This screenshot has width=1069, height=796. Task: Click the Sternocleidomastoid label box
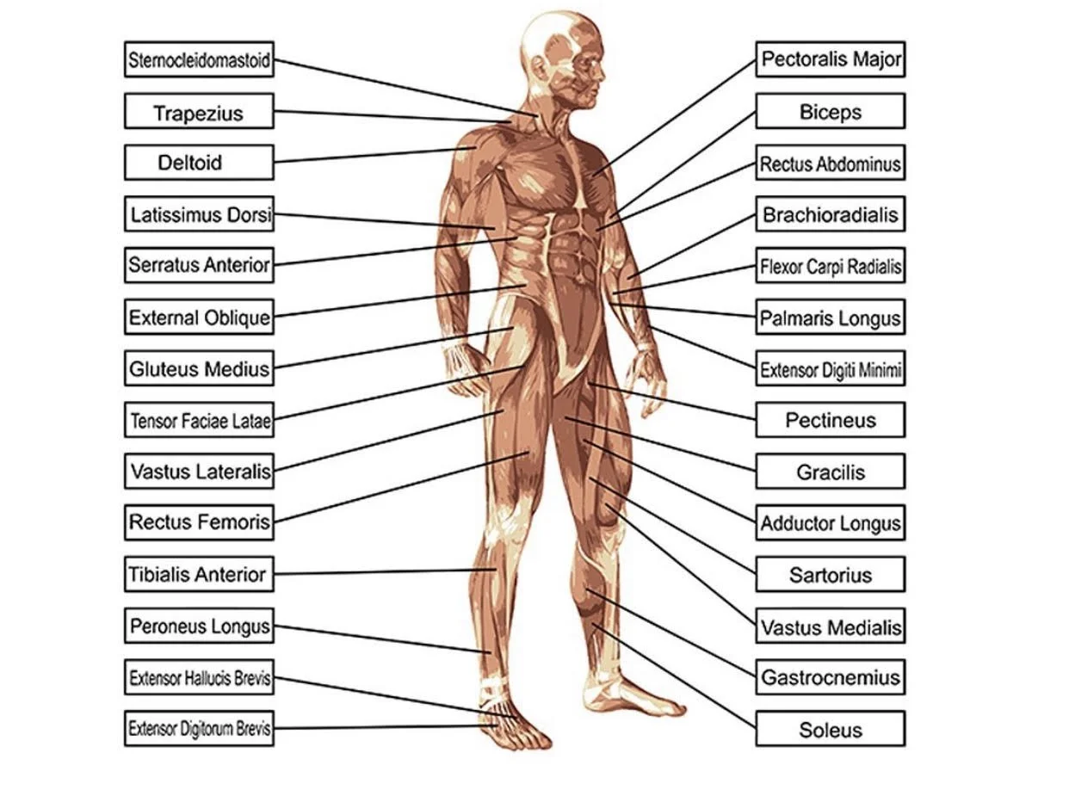point(199,60)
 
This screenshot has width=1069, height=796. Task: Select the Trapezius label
point(199,112)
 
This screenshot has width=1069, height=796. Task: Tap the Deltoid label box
point(199,163)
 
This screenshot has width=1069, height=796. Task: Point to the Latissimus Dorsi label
point(199,214)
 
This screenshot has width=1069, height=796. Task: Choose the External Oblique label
point(199,318)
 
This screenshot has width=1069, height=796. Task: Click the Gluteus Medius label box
point(199,369)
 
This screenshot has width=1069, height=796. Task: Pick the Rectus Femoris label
point(199,522)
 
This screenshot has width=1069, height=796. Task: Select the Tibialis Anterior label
point(199,574)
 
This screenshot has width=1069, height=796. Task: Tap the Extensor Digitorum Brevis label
point(199,730)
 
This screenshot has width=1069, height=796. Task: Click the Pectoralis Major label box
point(831,59)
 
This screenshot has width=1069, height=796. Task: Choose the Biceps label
point(831,111)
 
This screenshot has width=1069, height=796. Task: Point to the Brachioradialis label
point(831,214)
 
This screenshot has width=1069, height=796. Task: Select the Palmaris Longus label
point(831,318)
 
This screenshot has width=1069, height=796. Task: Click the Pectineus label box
point(831,421)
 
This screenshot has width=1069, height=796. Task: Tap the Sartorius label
point(831,575)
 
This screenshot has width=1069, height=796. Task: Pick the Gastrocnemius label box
point(831,677)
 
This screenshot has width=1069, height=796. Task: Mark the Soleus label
point(831,730)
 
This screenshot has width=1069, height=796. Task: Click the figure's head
point(564,52)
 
